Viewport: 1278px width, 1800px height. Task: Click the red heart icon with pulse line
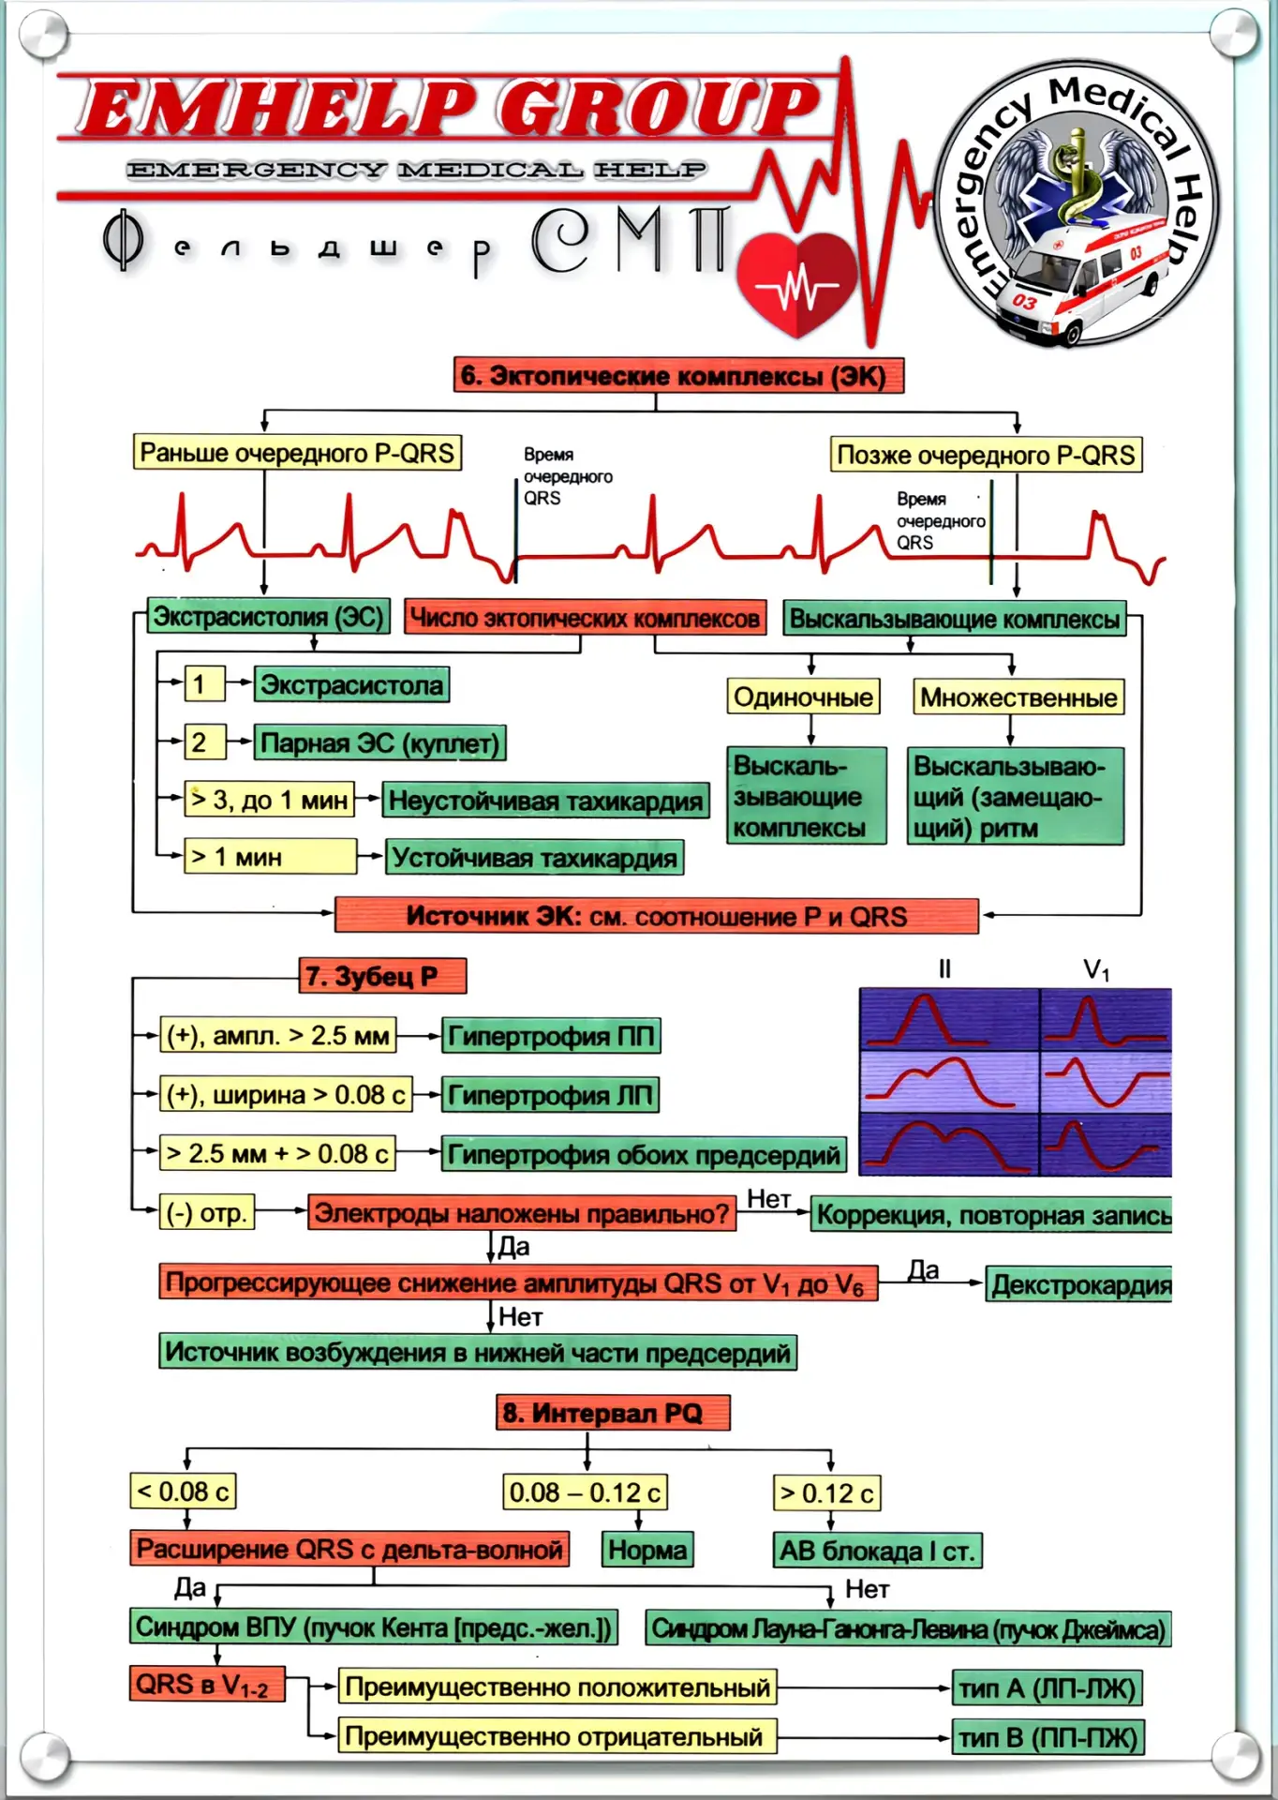pos(797,284)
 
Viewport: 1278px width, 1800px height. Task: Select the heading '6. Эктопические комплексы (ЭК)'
pos(678,376)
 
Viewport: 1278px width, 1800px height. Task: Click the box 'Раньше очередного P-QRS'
pos(297,452)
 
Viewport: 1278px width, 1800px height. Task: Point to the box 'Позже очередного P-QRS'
pos(986,455)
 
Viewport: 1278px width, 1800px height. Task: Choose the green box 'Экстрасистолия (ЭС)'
pos(268,617)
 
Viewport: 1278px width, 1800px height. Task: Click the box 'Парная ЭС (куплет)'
pos(380,742)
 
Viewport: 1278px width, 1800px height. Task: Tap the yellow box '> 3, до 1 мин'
pos(270,800)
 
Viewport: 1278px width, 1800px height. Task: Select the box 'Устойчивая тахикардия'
pos(535,857)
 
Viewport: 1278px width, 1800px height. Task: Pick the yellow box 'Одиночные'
pos(803,697)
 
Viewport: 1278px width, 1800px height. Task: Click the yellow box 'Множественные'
pos(1018,697)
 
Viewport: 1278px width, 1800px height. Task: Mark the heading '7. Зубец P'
pos(383,976)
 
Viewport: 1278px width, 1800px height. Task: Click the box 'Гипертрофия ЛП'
pos(550,1095)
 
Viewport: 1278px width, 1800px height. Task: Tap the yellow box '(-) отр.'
pos(207,1213)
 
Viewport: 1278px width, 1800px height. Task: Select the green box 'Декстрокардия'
pos(1079,1284)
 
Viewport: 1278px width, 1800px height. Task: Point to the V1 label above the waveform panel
pos(1096,969)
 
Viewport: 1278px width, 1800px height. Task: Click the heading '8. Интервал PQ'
pos(613,1413)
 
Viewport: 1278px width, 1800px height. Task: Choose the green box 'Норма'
pos(647,1550)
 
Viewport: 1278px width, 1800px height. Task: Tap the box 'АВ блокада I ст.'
pos(877,1551)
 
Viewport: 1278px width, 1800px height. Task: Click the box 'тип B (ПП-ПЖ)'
pos(1048,1737)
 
